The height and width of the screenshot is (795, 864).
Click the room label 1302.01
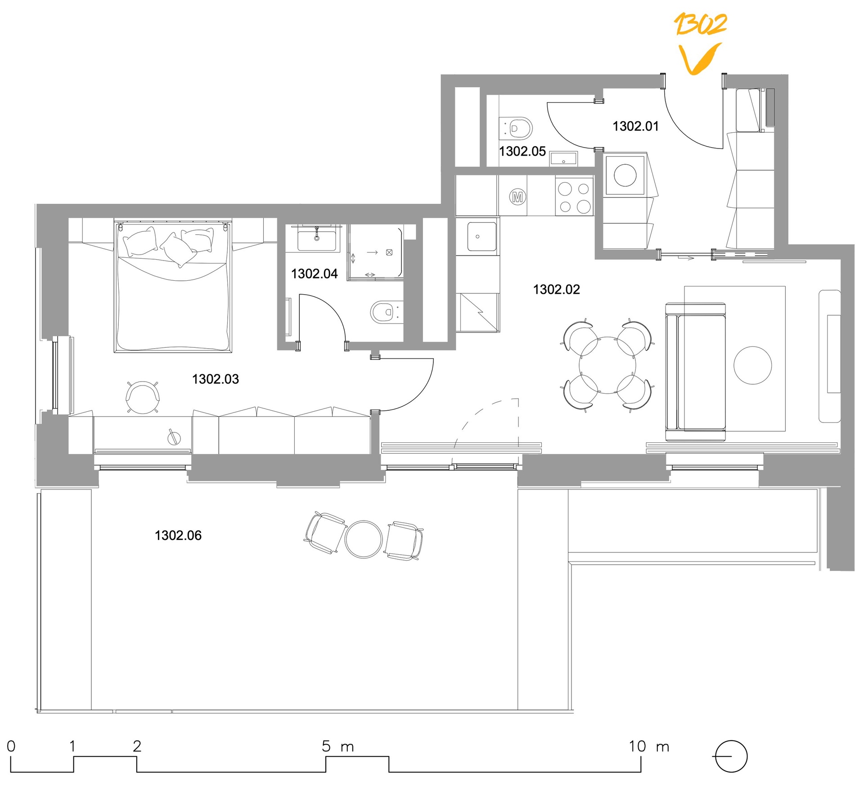635,126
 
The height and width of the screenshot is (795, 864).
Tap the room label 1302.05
522,151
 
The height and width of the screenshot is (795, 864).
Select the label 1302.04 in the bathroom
314,274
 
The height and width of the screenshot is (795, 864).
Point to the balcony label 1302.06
178,535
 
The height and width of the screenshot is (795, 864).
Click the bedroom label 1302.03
216,379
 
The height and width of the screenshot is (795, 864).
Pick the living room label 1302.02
557,289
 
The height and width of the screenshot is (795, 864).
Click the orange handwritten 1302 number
700,24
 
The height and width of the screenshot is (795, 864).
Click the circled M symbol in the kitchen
517,197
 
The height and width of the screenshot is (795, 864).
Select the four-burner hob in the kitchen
574,197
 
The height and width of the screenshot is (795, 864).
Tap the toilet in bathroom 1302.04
386,312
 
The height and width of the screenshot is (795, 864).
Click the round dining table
607,365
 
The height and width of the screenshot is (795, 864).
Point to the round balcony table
364,539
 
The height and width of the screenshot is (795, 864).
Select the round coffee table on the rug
753,365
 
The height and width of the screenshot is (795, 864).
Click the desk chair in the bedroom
143,396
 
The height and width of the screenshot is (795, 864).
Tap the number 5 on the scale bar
326,746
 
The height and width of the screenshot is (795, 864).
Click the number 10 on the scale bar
637,746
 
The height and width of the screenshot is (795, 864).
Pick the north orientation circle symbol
731,756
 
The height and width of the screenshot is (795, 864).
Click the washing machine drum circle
625,175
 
